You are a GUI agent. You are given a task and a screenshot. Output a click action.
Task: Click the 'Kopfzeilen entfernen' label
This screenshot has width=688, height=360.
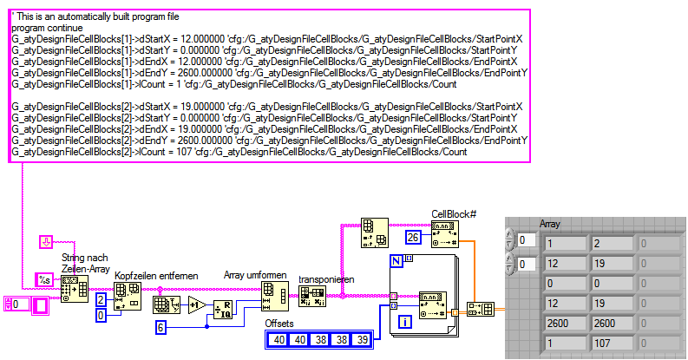coord(156,275)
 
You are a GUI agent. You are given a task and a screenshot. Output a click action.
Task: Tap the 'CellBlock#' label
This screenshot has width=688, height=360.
coord(454,213)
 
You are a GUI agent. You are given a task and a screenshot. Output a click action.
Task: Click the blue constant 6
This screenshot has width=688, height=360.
coord(161,327)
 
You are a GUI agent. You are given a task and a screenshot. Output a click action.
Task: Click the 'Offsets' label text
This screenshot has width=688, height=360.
coord(283,324)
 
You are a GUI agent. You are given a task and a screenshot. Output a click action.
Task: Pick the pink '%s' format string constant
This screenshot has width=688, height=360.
coord(43,278)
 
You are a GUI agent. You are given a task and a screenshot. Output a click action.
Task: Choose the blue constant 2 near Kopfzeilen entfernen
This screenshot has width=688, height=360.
coord(101,299)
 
